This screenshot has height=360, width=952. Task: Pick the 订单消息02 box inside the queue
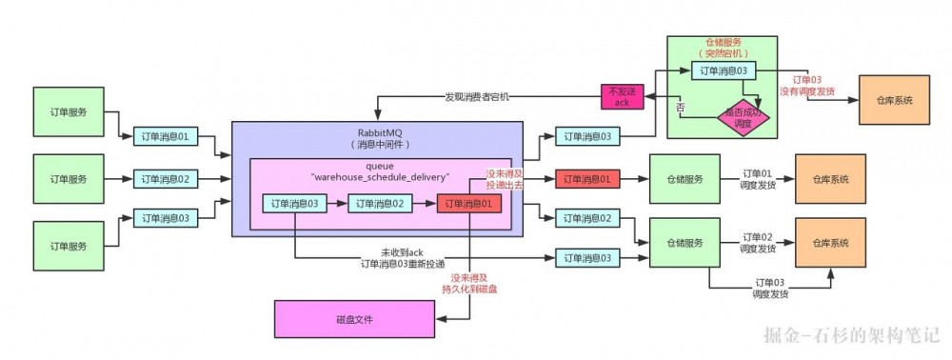coord(381,203)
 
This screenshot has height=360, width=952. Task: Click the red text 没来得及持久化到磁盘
coord(468,283)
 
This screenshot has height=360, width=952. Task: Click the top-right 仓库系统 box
coord(893,100)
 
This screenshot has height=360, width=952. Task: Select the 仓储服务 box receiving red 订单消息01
coord(684,178)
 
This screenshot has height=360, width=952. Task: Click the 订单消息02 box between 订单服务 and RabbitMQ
coord(167,178)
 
